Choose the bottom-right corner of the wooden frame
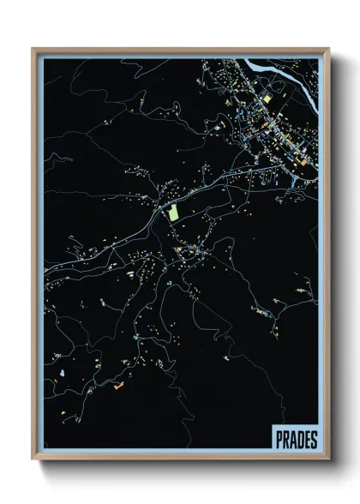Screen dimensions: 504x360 tap(327, 459)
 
